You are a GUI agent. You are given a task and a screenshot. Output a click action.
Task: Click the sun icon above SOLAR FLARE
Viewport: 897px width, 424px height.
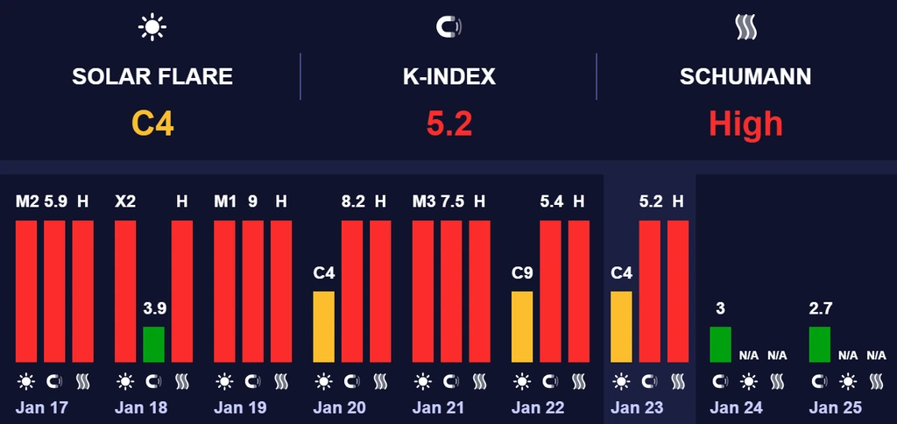(152, 28)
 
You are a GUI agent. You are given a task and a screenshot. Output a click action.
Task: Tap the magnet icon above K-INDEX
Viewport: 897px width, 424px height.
(448, 28)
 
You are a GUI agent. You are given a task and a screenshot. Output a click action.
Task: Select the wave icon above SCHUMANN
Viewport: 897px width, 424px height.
(745, 28)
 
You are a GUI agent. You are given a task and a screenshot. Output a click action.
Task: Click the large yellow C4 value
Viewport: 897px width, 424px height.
(152, 123)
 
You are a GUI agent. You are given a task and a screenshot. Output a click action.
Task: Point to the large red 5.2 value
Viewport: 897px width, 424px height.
(448, 123)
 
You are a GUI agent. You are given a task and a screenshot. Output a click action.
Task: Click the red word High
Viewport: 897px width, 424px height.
(745, 123)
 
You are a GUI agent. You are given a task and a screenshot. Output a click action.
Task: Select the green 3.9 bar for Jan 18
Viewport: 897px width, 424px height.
(153, 344)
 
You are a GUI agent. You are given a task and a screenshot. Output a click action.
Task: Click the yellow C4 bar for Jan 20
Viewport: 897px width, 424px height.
(324, 327)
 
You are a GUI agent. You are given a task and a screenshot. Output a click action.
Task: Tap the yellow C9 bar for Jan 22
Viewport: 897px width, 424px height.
(522, 327)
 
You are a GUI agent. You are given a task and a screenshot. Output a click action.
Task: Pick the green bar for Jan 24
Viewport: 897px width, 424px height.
(720, 344)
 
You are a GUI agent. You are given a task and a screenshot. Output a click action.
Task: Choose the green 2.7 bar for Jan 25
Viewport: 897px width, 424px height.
(819, 344)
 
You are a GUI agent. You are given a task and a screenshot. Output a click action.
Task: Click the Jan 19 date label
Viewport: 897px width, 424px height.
(240, 407)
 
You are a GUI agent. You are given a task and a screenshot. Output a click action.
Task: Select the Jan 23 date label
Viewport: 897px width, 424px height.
(637, 407)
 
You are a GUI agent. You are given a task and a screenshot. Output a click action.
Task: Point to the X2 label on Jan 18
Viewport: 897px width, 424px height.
(125, 201)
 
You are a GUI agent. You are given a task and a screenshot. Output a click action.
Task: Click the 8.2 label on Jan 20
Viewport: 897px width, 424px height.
(352, 201)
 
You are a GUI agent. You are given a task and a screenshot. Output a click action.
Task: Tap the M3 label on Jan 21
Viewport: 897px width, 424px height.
(423, 201)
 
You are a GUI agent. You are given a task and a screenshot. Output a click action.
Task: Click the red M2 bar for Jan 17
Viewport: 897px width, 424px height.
(26, 291)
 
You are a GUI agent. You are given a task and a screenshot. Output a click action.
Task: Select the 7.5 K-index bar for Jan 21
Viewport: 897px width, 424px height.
(451, 291)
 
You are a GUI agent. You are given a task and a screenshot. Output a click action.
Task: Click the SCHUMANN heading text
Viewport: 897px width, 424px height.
(745, 76)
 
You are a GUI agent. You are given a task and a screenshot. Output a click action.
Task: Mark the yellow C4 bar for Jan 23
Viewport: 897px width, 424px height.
(621, 327)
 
